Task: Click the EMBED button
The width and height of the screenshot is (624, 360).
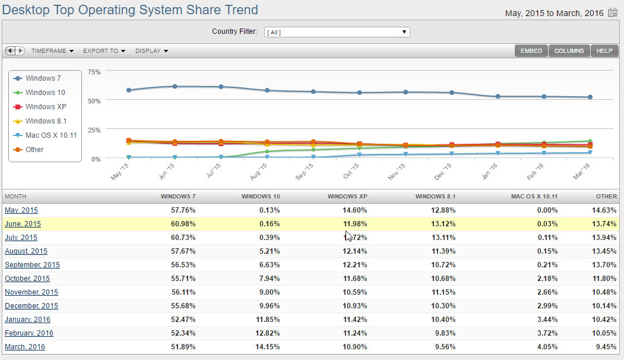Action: point(531,51)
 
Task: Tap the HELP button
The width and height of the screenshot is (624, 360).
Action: point(604,51)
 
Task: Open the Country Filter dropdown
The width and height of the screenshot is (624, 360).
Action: point(337,32)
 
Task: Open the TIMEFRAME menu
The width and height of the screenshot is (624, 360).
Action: point(52,51)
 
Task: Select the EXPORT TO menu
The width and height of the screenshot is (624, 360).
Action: point(104,51)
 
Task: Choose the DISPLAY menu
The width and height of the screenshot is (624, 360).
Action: point(151,51)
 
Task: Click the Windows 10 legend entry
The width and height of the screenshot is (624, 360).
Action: point(39,93)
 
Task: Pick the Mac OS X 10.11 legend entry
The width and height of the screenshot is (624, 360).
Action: point(45,135)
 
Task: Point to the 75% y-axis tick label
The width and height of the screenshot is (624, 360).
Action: point(94,72)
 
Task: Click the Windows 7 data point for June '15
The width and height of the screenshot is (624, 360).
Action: point(175,86)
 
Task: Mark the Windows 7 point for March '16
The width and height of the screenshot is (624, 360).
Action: point(590,97)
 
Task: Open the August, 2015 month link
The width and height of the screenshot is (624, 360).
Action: point(26,251)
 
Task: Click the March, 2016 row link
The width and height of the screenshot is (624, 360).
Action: point(25,347)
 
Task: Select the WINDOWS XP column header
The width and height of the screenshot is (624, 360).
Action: point(347,196)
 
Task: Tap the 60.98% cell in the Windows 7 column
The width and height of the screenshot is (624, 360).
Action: point(183,224)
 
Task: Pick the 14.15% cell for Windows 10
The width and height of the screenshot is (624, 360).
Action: point(267,347)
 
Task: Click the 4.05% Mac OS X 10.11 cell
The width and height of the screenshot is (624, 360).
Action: point(547,347)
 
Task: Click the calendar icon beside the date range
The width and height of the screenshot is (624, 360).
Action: point(613,12)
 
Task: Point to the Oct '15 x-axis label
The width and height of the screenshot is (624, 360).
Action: point(351,171)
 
